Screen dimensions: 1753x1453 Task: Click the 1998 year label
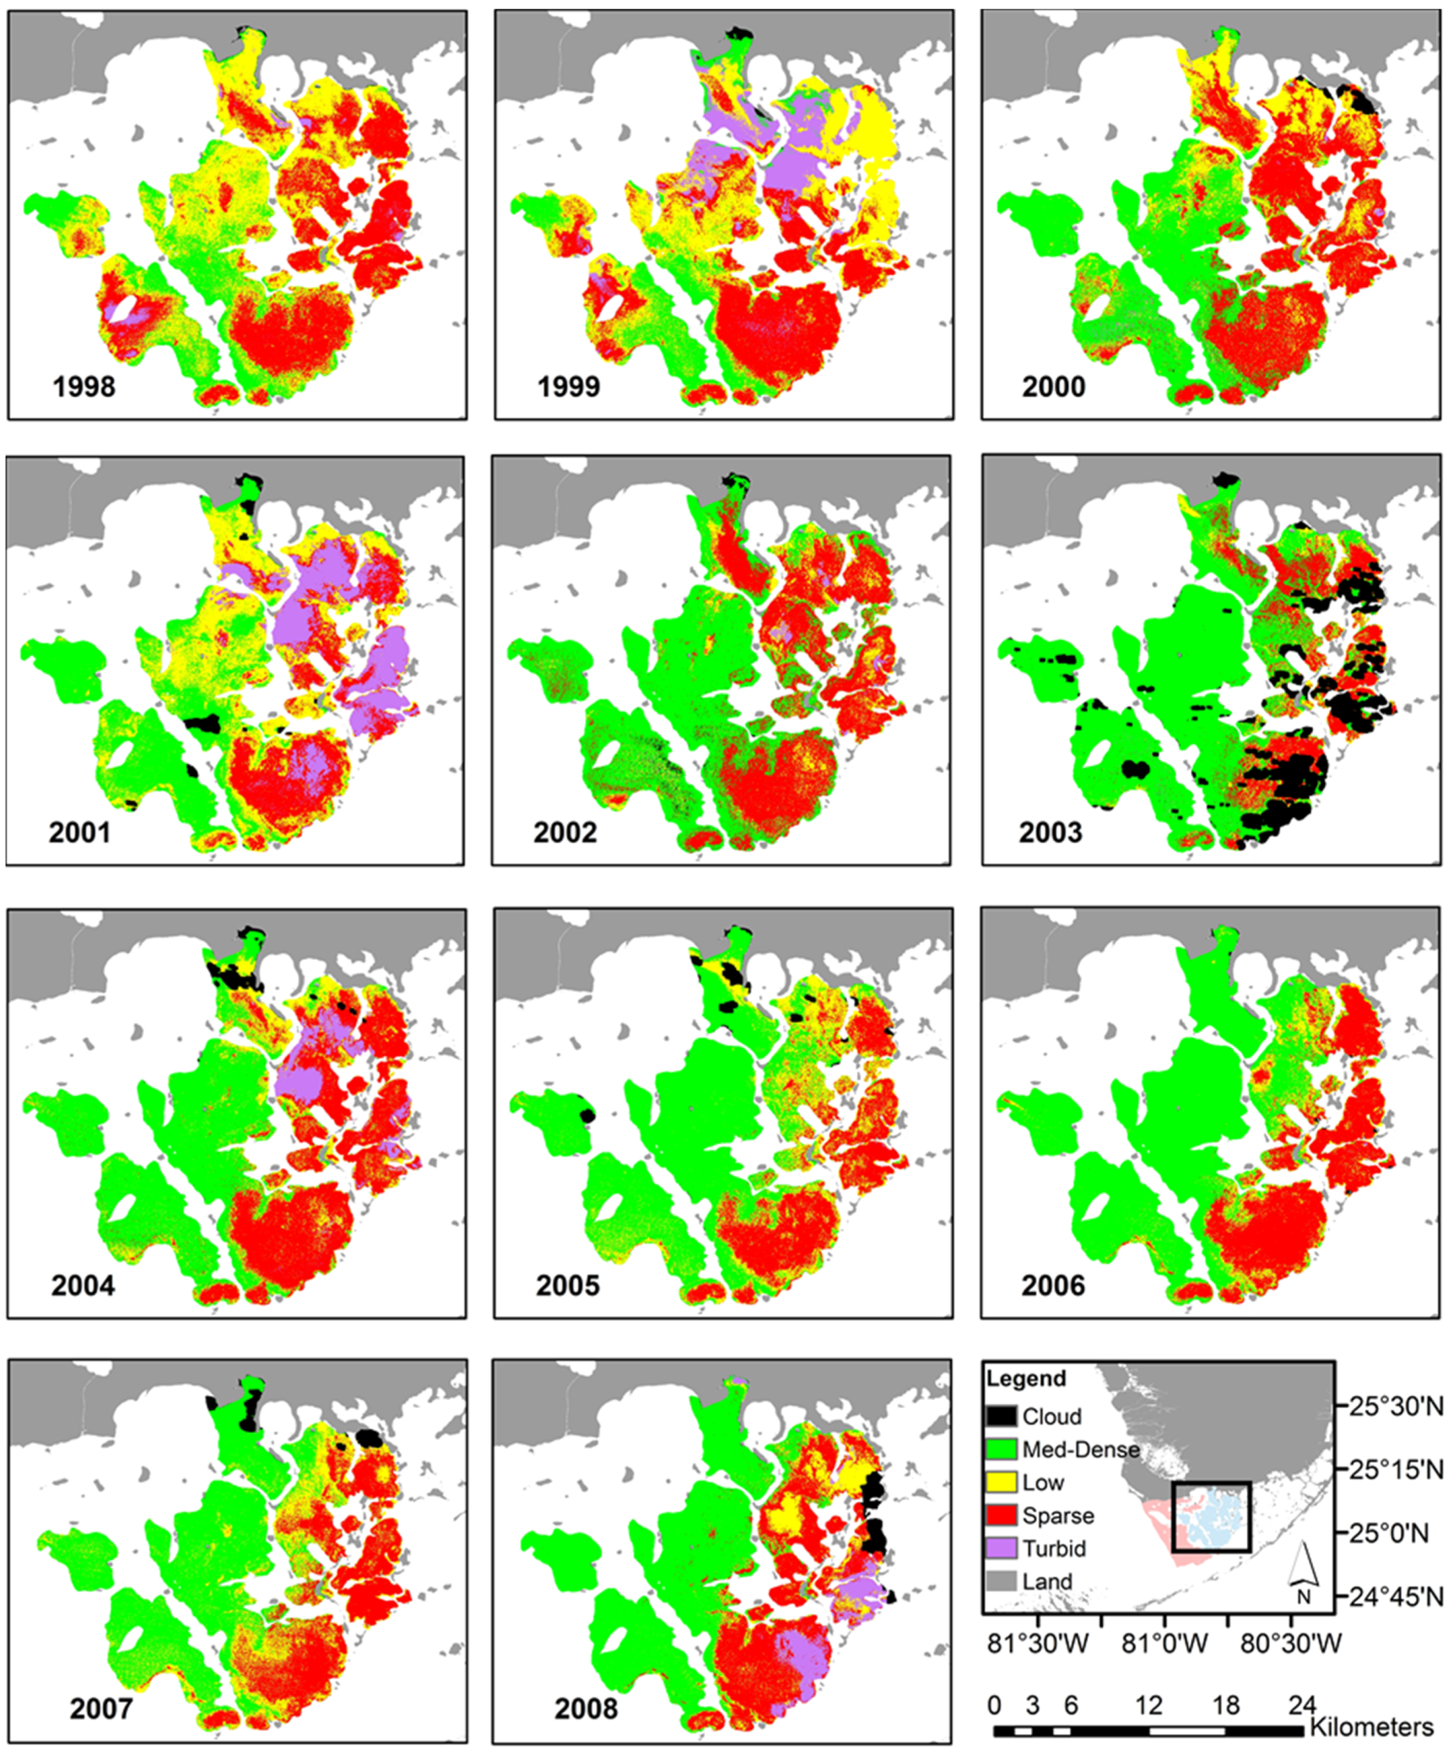pyautogui.click(x=84, y=387)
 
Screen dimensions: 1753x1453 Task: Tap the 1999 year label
pyautogui.click(x=569, y=387)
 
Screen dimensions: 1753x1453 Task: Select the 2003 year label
pyautogui.click(x=1050, y=833)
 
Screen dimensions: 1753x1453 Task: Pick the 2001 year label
pyautogui.click(x=79, y=833)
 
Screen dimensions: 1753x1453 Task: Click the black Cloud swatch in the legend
pyautogui.click(x=1001, y=1416)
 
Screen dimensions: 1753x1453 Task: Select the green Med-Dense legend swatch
pyautogui.click(x=1001, y=1449)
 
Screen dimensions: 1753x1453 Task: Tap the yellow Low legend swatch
pyautogui.click(x=1001, y=1482)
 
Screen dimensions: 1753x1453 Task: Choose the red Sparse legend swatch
pyautogui.click(x=1001, y=1515)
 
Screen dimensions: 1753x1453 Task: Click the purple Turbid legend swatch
pyautogui.click(x=1001, y=1548)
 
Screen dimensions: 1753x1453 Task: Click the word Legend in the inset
pyautogui.click(x=1026, y=1378)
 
